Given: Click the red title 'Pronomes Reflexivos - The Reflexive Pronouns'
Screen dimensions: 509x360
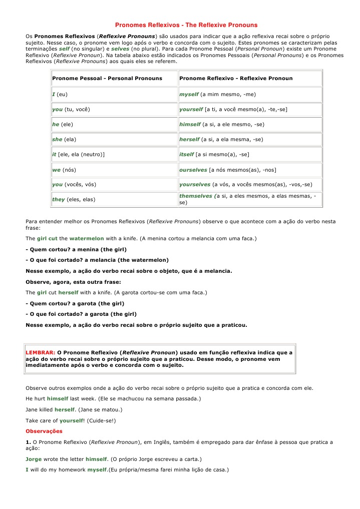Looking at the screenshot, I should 186,25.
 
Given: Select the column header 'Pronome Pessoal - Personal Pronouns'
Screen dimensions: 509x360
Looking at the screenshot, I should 107,79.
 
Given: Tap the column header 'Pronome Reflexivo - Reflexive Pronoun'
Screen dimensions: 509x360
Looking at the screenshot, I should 236,79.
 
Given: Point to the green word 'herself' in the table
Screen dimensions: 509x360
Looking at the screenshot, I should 190,139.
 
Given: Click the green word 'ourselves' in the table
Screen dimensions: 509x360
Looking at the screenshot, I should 193,170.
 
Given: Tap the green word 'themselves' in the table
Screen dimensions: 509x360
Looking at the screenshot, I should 196,196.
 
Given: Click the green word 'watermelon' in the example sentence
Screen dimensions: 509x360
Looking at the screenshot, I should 87,239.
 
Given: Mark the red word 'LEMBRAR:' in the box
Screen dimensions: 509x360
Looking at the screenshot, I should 41,352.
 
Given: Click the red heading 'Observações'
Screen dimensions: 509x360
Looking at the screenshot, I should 44,430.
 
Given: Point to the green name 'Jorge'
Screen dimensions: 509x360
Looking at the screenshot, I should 35,459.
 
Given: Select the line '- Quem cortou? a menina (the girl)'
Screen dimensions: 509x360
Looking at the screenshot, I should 76,249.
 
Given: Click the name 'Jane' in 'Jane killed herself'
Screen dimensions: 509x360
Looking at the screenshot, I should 32,409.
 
